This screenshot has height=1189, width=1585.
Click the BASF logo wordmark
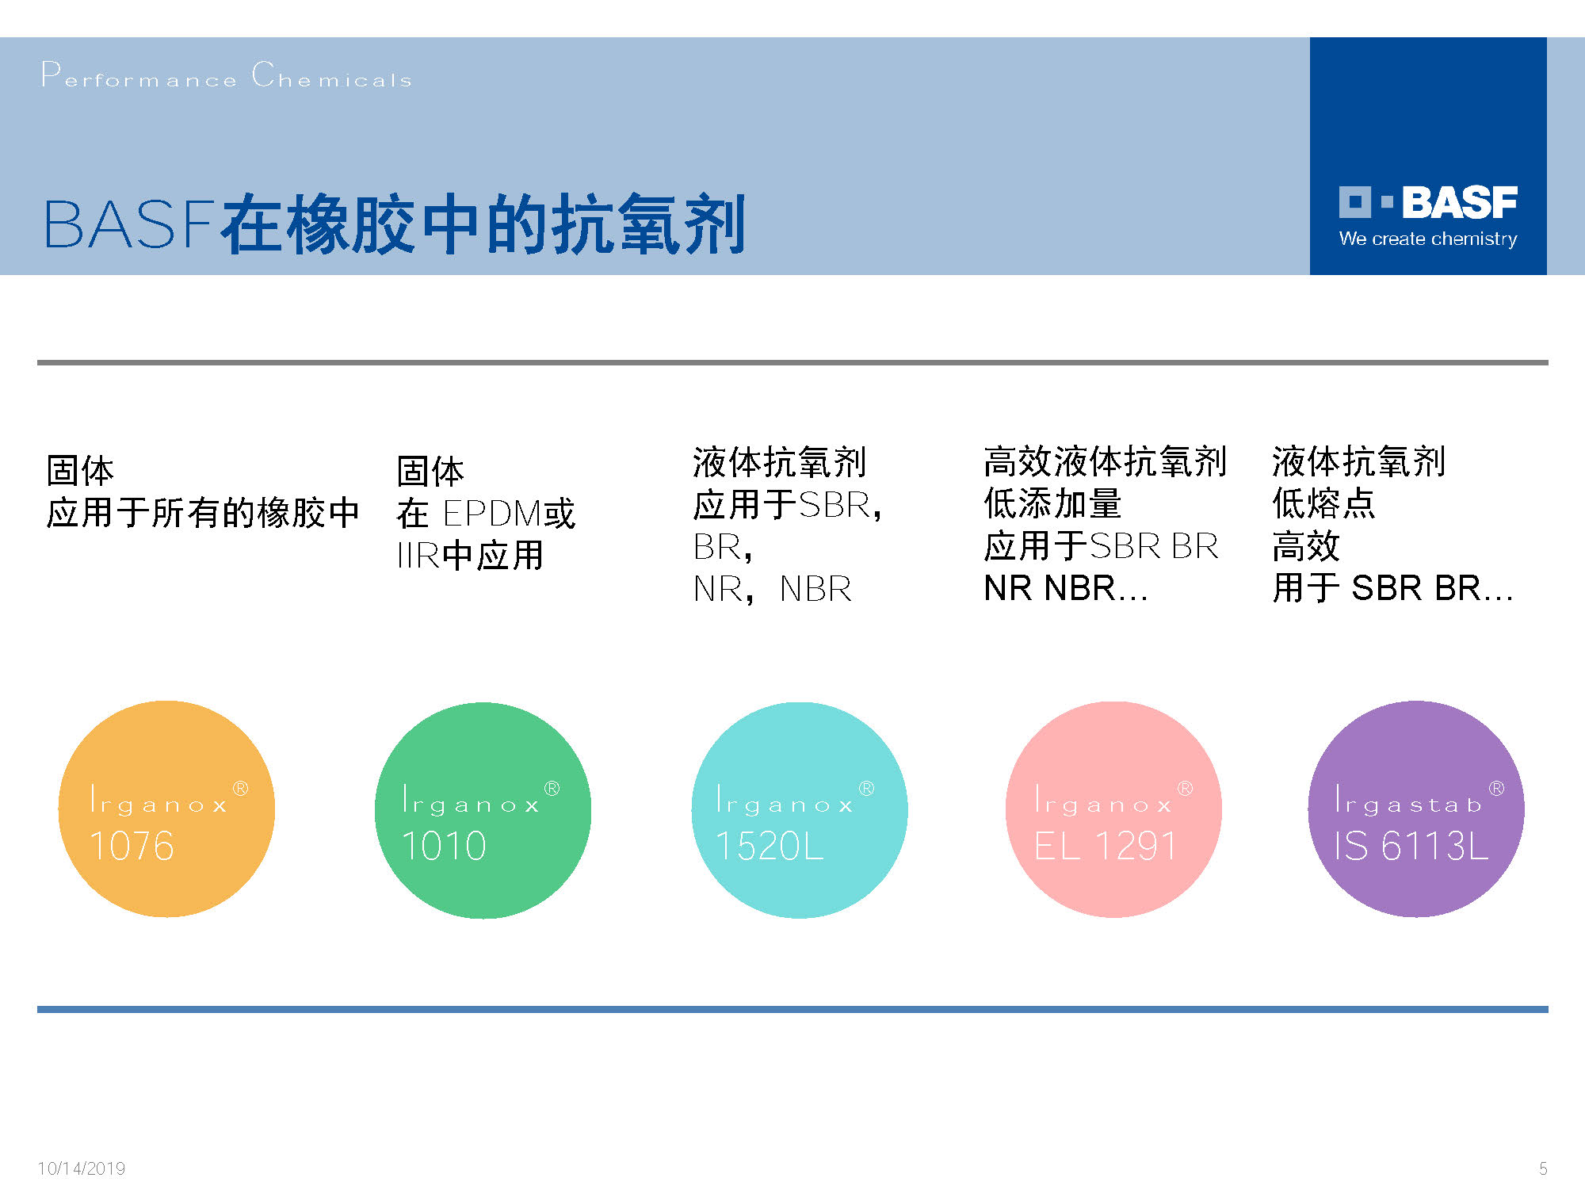[1428, 202]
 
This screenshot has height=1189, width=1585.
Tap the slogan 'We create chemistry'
[1428, 239]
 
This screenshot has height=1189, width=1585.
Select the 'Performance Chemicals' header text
[227, 75]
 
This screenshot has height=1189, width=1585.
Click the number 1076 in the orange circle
[132, 846]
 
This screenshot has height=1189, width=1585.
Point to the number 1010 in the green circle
[444, 846]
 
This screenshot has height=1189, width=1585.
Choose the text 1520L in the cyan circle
[770, 846]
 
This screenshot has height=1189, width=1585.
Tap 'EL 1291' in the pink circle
[1106, 846]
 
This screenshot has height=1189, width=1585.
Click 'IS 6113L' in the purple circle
[1411, 846]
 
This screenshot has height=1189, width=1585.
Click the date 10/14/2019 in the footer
[82, 1168]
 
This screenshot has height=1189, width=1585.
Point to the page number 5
[1543, 1168]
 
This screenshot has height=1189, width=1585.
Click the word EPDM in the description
[491, 514]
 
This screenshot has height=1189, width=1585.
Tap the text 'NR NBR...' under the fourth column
[1066, 588]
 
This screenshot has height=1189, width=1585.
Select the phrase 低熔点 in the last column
[1323, 503]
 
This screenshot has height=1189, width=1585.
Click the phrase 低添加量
[1052, 503]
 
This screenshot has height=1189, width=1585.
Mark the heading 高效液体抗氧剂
[1105, 461]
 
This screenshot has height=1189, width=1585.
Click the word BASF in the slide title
[129, 224]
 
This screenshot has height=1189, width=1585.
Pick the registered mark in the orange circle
[240, 789]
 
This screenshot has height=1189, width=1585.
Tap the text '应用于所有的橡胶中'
[204, 513]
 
